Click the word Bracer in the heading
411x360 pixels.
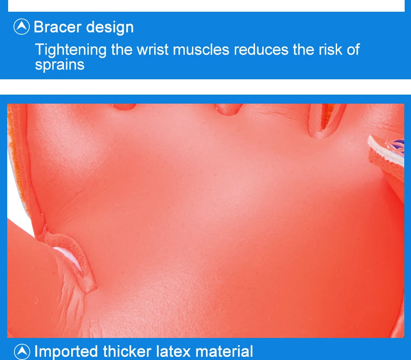58,27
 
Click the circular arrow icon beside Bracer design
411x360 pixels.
22,27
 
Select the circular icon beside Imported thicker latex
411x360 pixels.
22,351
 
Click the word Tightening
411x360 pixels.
71,50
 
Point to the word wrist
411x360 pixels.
153,49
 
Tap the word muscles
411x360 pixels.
201,50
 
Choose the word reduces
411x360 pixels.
261,50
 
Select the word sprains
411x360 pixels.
60,65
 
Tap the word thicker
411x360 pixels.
128,351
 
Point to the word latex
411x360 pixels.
174,351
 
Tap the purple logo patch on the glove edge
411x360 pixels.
396,146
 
